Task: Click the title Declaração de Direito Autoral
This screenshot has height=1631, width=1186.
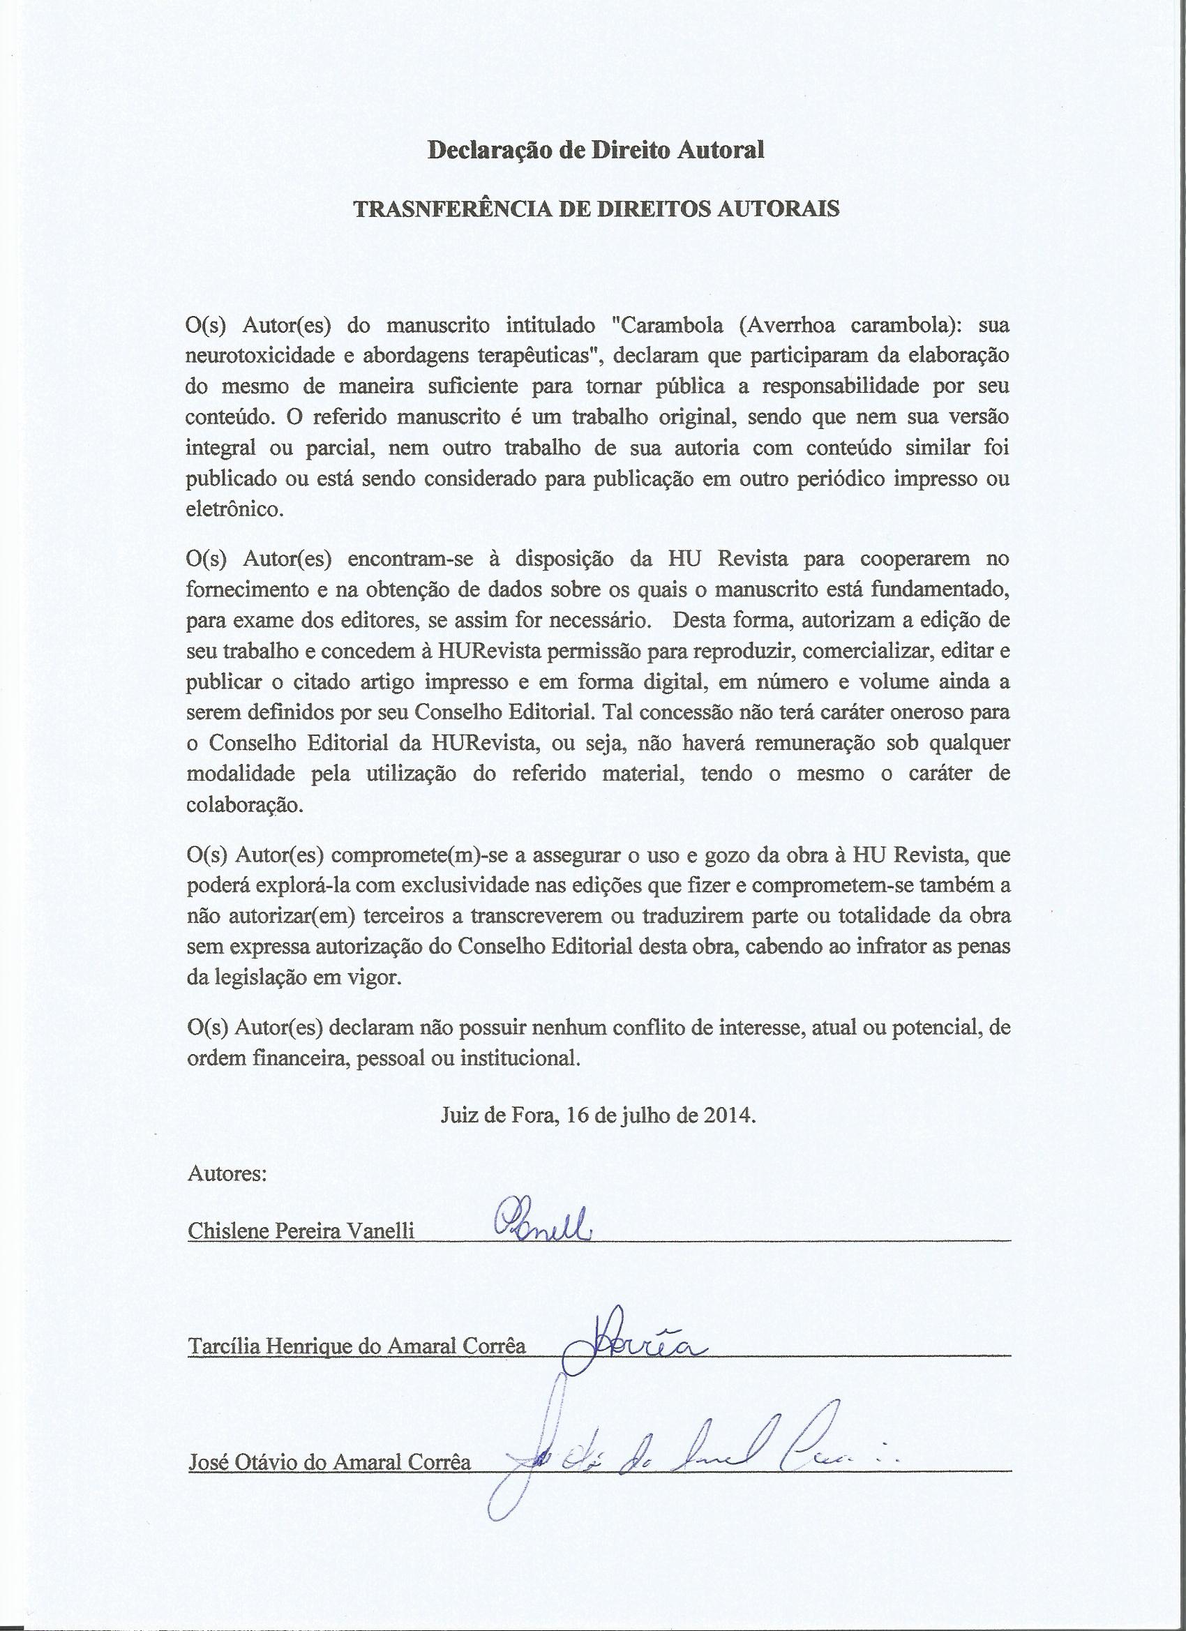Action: [596, 150]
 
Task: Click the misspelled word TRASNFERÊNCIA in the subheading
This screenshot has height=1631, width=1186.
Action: [442, 209]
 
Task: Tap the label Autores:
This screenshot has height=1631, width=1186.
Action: [227, 1174]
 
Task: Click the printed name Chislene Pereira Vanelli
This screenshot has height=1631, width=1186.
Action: [301, 1231]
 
